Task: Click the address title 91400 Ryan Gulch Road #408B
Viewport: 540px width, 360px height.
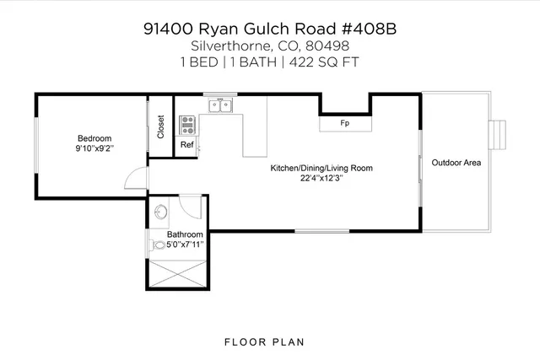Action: pyautogui.click(x=269, y=28)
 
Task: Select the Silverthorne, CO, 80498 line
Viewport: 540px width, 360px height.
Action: pyautogui.click(x=269, y=46)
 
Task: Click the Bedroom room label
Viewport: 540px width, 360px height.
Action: pyautogui.click(x=94, y=138)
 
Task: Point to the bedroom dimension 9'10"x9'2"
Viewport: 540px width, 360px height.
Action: pyautogui.click(x=94, y=148)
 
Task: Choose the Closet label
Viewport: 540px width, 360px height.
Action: pyautogui.click(x=160, y=126)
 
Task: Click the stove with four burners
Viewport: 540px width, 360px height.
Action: pyautogui.click(x=187, y=126)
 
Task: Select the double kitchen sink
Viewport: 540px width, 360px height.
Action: pyautogui.click(x=221, y=105)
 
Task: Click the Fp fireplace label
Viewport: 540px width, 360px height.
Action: pyautogui.click(x=344, y=124)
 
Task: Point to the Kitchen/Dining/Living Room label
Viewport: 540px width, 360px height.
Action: pyautogui.click(x=321, y=168)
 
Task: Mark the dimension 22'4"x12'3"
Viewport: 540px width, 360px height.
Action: pyautogui.click(x=321, y=178)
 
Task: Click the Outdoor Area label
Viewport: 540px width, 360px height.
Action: pyautogui.click(x=456, y=162)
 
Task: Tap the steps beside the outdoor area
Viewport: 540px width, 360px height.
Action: pyautogui.click(x=500, y=133)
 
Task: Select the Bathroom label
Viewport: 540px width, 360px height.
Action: pyautogui.click(x=184, y=234)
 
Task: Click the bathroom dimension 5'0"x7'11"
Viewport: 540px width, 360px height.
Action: pyautogui.click(x=184, y=244)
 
